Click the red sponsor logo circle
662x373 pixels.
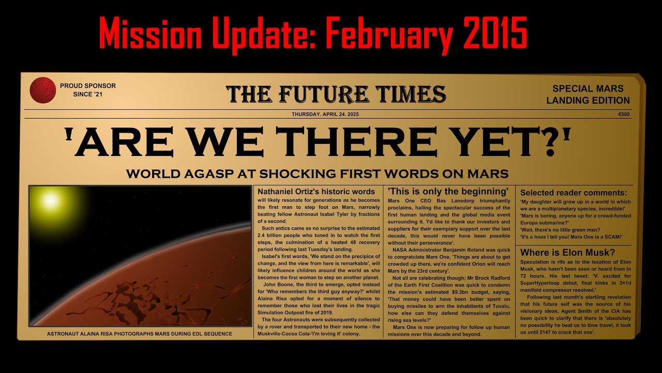tap(43, 90)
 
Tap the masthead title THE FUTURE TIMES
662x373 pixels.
tap(336, 94)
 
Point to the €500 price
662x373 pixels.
tap(624, 114)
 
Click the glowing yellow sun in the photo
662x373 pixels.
tap(50, 200)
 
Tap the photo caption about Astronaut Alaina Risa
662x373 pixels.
tap(140, 334)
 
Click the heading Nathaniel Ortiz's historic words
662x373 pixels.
tap(316, 192)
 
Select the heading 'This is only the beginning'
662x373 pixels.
tap(448, 192)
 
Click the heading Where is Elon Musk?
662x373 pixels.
tap(567, 253)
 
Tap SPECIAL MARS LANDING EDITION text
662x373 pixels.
tap(588, 94)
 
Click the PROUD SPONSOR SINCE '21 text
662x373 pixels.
tap(88, 90)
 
